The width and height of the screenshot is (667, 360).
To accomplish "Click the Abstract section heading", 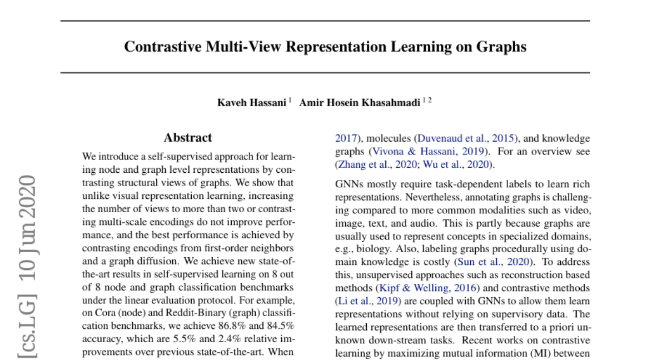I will [188, 138].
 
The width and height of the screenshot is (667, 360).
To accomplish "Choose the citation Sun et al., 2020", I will [490, 262].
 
